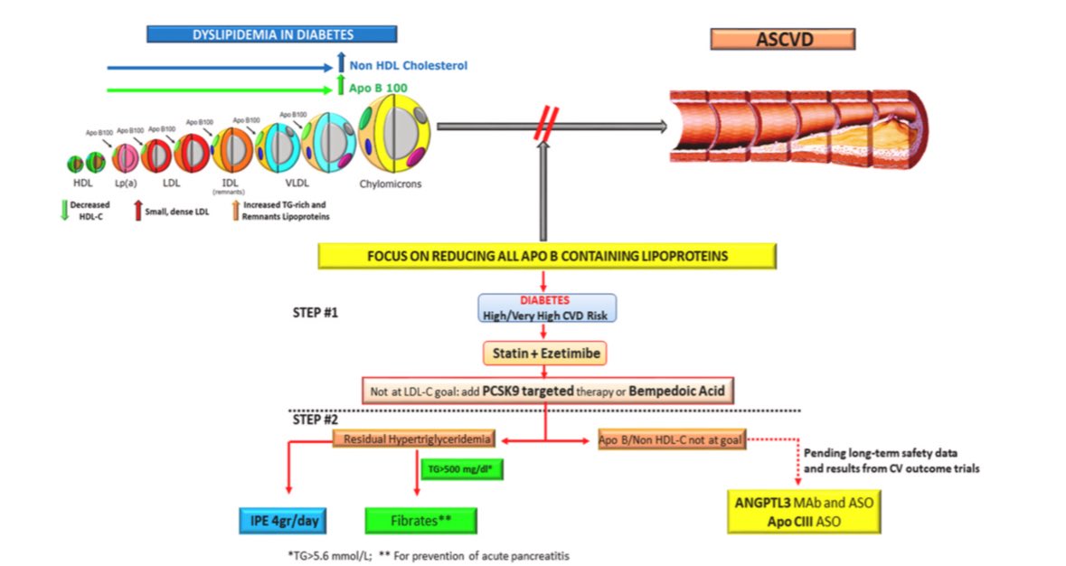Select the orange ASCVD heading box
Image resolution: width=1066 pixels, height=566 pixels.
click(x=782, y=39)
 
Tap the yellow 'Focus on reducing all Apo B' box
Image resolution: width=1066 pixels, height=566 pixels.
click(x=547, y=256)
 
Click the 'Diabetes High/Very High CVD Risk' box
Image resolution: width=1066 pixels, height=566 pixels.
click(x=548, y=308)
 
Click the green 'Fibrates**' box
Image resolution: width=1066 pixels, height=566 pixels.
click(x=420, y=522)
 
